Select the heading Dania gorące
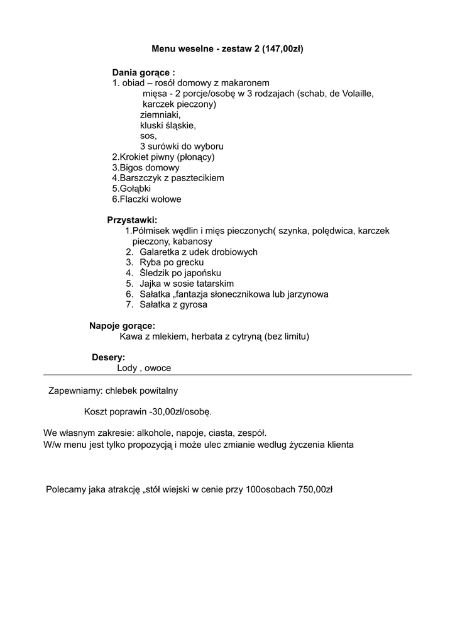pos(143,72)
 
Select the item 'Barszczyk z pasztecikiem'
pos(168,178)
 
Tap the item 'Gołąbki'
pos(131,189)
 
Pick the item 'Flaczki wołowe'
pos(146,199)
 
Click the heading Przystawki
pos(132,220)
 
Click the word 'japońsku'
pos(200,273)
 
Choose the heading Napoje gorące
pos(122,326)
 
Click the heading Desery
pos(108,357)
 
